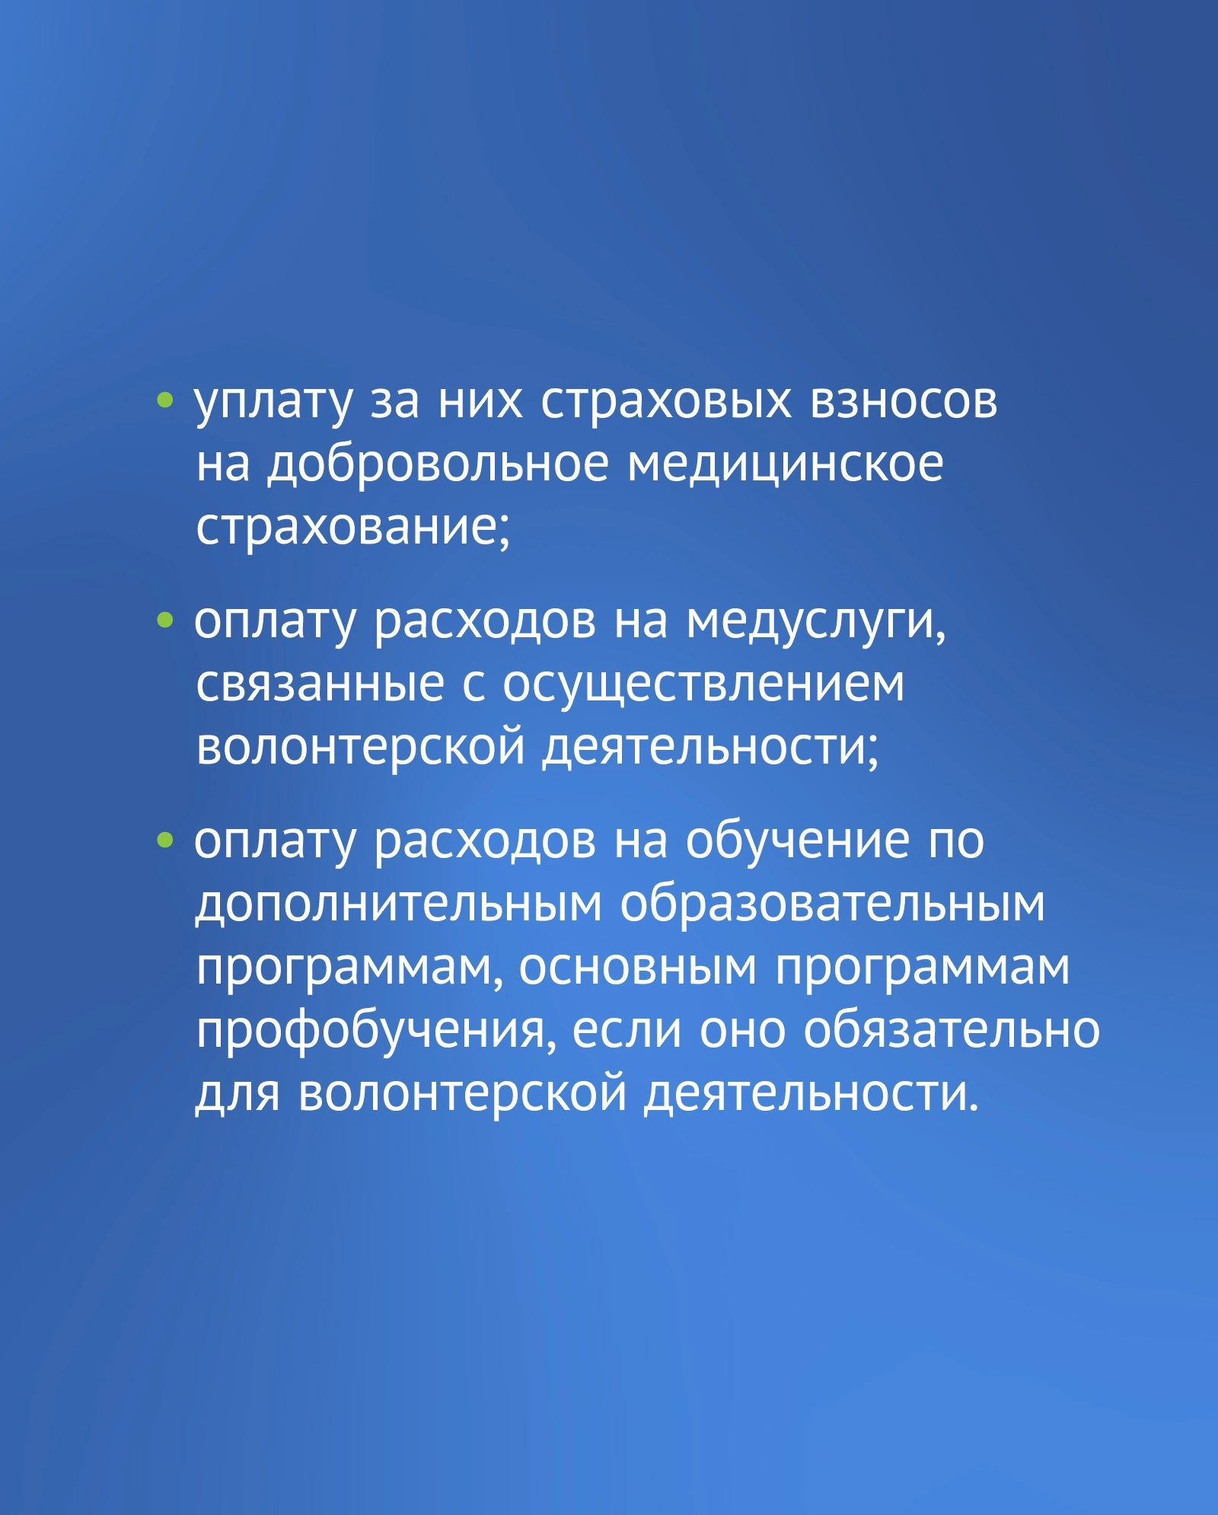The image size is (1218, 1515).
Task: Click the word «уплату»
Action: [x=273, y=403]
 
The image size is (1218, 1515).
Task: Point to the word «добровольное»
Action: [x=438, y=464]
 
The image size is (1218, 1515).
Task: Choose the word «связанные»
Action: [x=320, y=684]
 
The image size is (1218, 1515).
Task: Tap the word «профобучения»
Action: [x=371, y=1032]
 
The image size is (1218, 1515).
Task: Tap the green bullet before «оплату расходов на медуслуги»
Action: [x=164, y=620]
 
